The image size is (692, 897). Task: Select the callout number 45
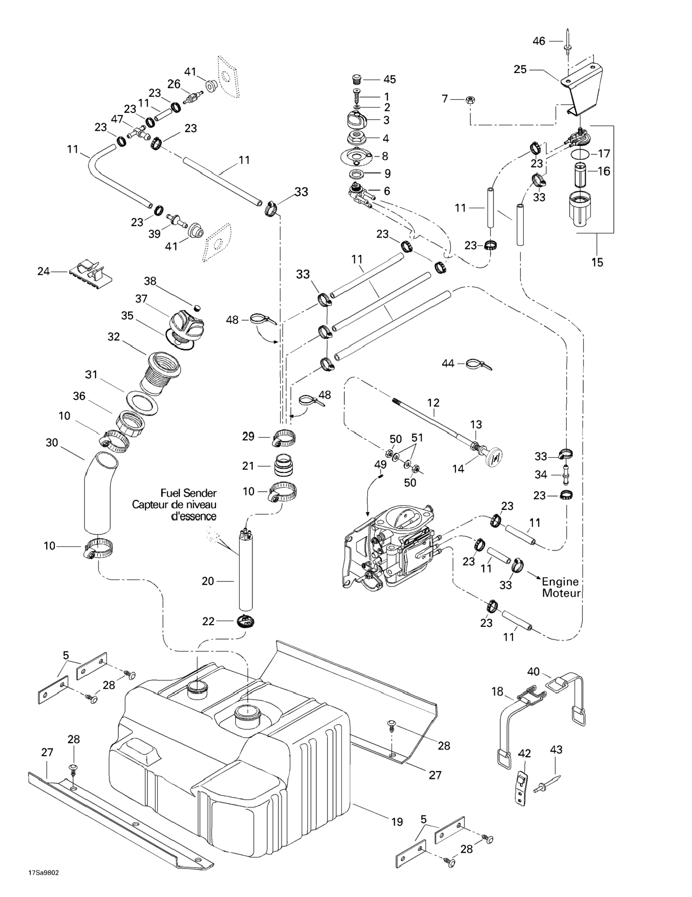(x=390, y=79)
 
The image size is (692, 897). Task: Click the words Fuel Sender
(x=188, y=493)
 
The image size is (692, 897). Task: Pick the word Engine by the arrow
(x=560, y=582)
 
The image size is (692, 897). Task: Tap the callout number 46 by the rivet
(x=539, y=41)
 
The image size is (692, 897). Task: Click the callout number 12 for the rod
(x=433, y=403)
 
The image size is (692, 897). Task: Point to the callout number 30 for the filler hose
(x=52, y=443)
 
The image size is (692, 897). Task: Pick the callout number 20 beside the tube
(x=208, y=581)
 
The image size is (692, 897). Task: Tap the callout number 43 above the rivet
(x=556, y=750)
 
